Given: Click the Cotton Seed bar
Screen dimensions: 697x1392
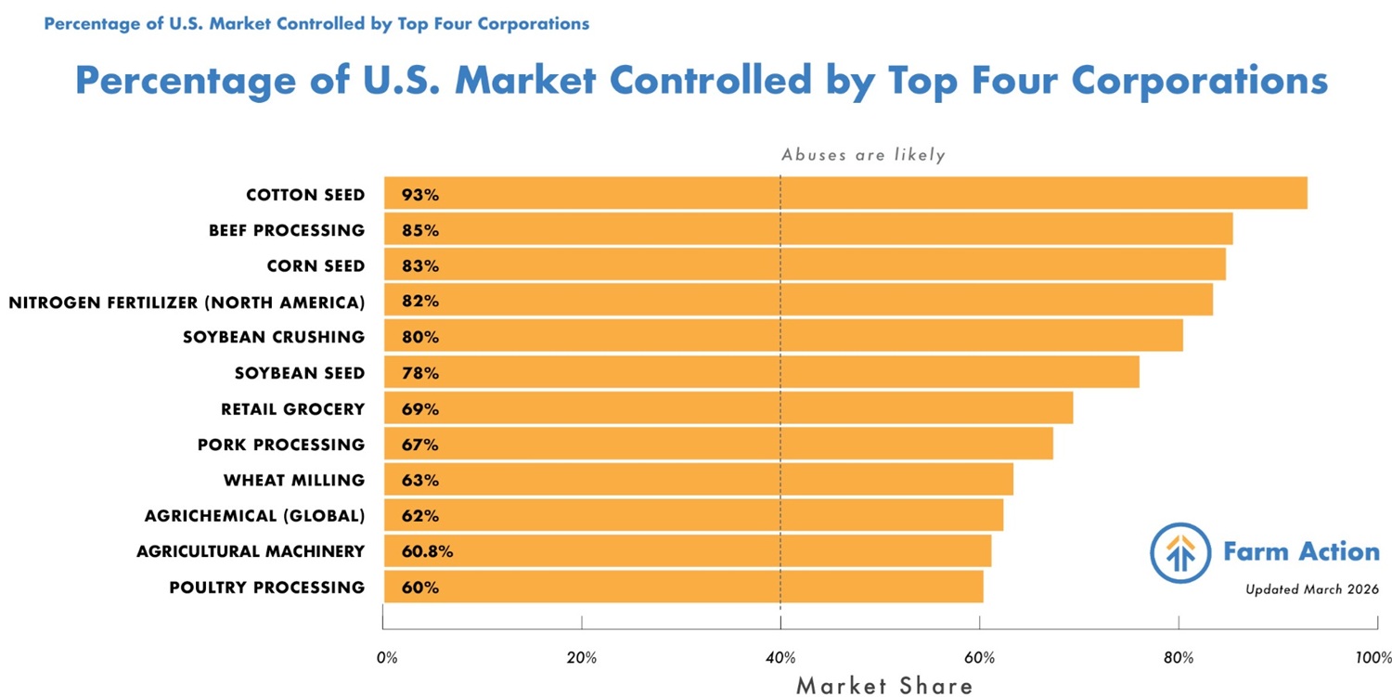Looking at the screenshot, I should click(844, 193).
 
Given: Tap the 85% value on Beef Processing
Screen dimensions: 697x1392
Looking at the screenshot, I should click(420, 230).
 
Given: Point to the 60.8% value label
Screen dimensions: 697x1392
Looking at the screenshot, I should click(427, 551).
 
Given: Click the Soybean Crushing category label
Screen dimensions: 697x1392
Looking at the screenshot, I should click(274, 337).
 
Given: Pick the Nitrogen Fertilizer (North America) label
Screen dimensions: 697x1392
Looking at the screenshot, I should click(187, 302).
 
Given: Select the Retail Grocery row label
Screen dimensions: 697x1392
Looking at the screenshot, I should click(292, 409).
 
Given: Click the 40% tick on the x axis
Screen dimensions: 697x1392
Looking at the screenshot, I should click(780, 658).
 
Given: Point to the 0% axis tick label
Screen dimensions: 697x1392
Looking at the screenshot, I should click(387, 658).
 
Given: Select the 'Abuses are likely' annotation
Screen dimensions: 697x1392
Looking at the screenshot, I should click(863, 155).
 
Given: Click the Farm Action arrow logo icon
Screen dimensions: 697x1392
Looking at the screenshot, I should click(1180, 552).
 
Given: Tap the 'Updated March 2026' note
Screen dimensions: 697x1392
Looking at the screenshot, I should click(1311, 589).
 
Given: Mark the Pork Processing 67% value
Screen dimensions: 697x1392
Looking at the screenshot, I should click(420, 445).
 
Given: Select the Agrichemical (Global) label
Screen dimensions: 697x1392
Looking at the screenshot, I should click(254, 516).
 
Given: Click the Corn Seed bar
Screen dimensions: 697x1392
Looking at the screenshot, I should click(804, 265).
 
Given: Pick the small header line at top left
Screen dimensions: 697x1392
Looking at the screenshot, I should click(316, 23).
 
